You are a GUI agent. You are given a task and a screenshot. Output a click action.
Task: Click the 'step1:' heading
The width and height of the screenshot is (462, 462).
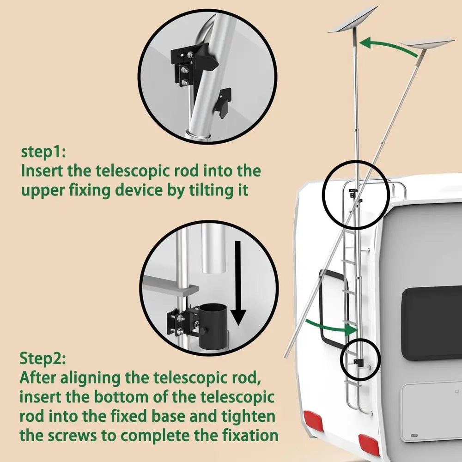44,152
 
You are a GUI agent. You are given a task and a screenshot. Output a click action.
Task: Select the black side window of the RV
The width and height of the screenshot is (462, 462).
432,323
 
